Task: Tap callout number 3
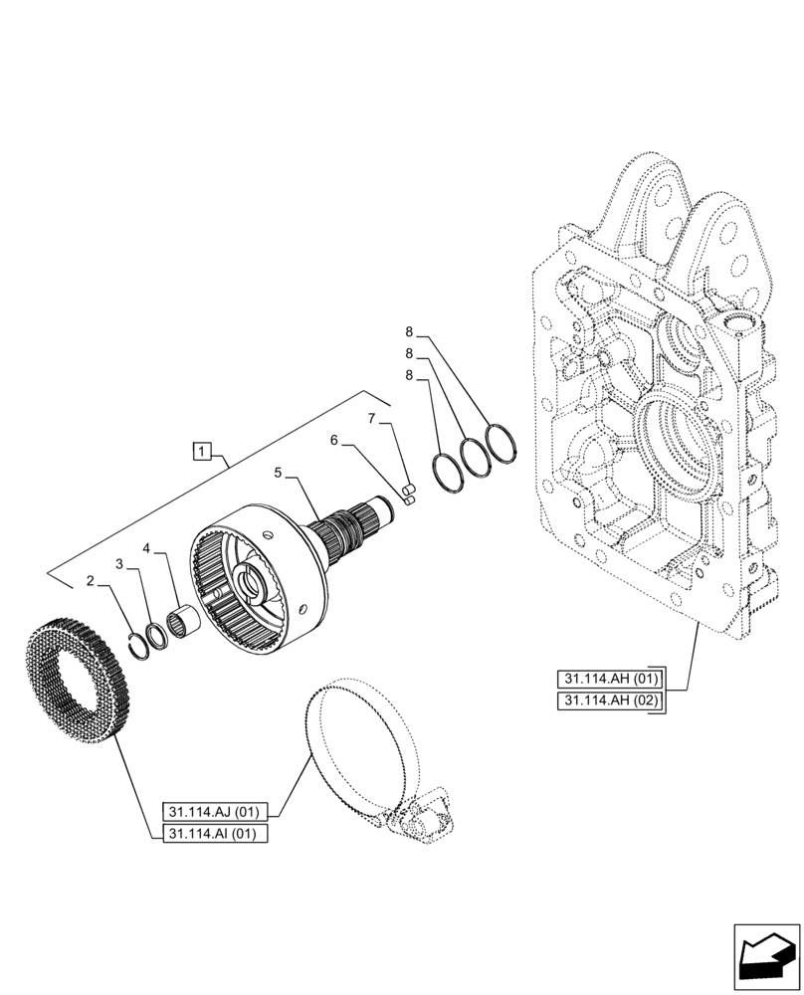[119, 563]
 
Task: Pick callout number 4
[146, 548]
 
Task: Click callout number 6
[334, 439]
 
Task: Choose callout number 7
[370, 419]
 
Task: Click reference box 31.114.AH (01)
[610, 680]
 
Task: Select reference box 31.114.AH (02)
[610, 702]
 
